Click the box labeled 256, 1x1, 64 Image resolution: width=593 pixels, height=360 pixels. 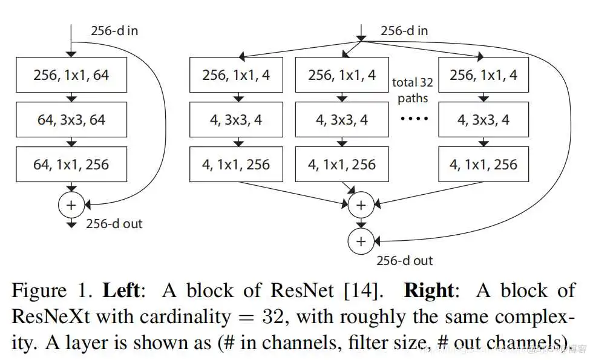coord(71,76)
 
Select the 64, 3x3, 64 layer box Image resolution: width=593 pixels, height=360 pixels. coord(71,120)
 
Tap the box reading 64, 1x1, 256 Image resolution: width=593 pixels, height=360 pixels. coord(71,164)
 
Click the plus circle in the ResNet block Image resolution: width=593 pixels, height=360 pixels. coord(71,205)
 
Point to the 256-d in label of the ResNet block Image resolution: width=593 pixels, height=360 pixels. coord(114,30)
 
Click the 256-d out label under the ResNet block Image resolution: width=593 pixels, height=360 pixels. coord(114,224)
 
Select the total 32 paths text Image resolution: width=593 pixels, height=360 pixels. coord(412,90)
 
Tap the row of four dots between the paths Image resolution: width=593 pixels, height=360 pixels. coord(414,119)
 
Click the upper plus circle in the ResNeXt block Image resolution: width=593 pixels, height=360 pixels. coord(361,205)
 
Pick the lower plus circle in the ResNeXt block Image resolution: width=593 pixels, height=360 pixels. coord(361,241)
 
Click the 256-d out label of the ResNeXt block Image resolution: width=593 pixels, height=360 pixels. coord(404,261)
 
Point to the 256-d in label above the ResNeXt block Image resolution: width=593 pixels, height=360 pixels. coord(404,30)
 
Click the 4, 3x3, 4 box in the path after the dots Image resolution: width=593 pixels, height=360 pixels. coord(483,120)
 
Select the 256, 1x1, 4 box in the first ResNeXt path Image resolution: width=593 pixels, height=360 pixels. coord(236,76)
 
